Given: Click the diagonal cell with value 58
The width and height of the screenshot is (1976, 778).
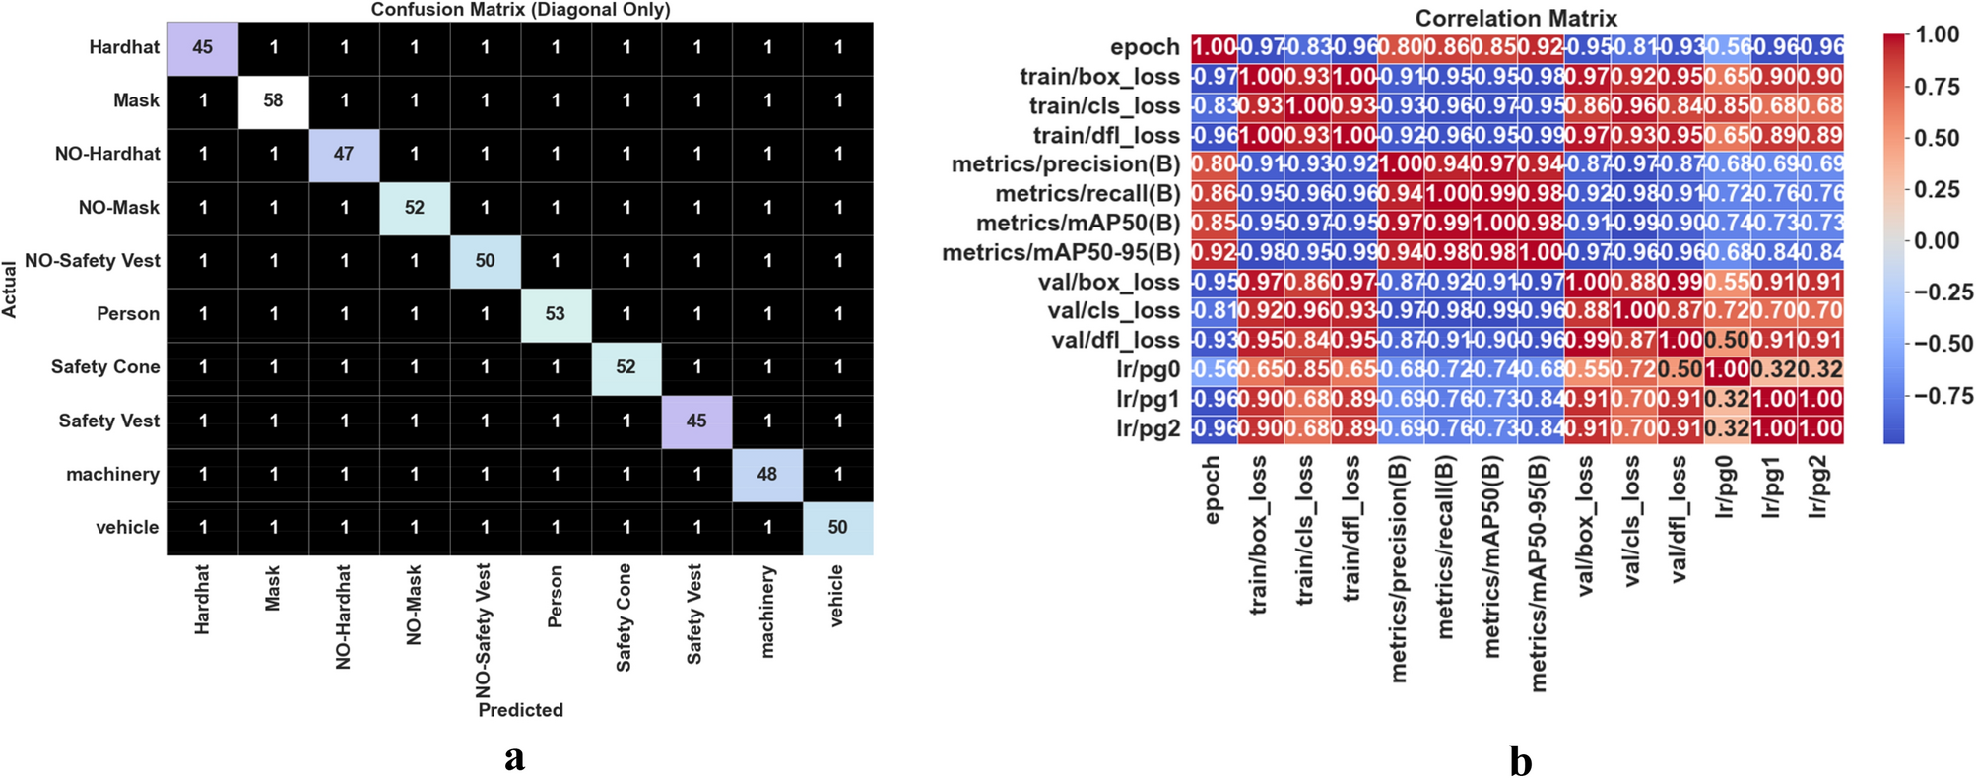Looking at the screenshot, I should [x=273, y=100].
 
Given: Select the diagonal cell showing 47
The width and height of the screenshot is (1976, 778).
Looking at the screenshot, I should [x=344, y=154].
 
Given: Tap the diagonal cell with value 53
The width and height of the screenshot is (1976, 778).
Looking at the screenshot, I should [x=556, y=313].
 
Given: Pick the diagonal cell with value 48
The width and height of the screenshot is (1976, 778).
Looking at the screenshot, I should [x=767, y=474].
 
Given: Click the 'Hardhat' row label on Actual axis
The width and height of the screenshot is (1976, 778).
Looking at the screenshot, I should [x=124, y=47].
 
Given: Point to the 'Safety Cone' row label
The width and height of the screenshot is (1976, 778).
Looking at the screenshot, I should [x=105, y=367].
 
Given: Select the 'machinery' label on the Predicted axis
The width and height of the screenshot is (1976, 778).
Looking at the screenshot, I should [x=767, y=611].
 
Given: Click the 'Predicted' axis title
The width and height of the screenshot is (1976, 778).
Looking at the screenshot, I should [x=520, y=710].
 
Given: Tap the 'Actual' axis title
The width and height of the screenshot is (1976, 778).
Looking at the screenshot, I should [x=11, y=290].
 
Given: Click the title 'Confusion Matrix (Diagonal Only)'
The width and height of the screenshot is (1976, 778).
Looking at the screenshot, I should [x=520, y=10].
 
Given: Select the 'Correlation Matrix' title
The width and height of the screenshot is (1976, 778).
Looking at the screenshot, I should [x=1516, y=18].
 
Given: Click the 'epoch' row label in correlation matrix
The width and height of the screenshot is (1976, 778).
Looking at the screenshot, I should [x=1145, y=47].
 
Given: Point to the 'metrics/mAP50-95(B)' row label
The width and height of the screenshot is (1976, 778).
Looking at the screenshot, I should [x=1061, y=253].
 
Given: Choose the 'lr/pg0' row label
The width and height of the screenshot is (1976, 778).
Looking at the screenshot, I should [x=1148, y=370].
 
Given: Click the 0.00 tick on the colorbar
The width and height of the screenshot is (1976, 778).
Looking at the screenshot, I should [x=1937, y=240].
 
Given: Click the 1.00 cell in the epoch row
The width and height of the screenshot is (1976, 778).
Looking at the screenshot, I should [x=1214, y=47].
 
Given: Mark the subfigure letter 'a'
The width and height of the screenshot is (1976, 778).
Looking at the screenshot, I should [x=514, y=756].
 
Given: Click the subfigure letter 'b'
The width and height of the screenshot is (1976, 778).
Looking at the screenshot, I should [x=1520, y=760].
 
